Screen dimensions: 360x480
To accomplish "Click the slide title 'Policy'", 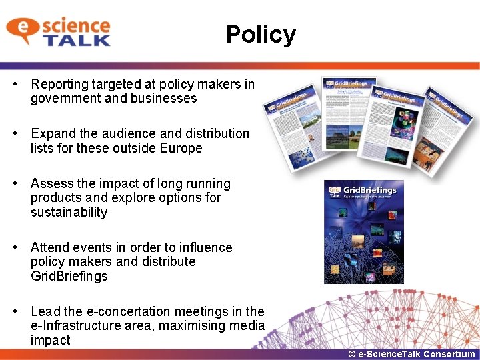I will point(261,35).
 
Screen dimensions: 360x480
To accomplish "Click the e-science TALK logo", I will point(59,32).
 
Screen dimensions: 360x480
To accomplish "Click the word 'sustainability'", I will point(69,213).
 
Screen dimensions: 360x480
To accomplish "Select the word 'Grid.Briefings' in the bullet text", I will point(69,277).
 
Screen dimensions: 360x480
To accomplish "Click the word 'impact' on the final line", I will point(50,341).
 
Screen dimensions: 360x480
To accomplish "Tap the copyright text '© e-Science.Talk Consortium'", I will point(411,354).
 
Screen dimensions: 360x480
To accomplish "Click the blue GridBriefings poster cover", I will point(363,232).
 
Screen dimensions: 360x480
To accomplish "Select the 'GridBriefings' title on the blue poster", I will point(371,190).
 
